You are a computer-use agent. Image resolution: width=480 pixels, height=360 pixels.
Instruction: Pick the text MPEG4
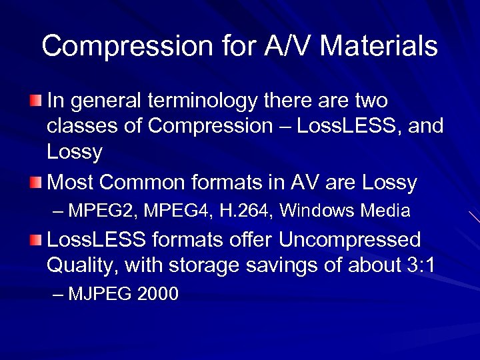(168, 211)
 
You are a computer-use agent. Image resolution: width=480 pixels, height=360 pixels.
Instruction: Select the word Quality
(83, 265)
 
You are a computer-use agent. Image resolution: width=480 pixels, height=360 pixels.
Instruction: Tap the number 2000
(157, 294)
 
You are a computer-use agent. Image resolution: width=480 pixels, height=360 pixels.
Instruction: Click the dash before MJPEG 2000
(59, 294)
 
